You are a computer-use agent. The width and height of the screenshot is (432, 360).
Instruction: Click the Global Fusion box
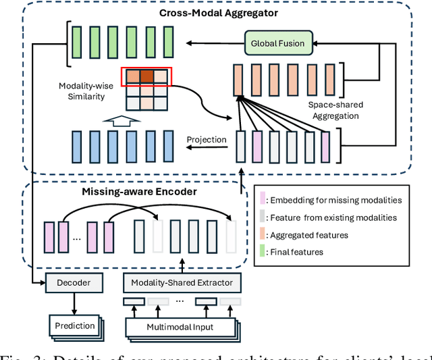click(277, 44)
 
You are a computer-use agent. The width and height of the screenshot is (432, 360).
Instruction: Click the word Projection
click(207, 139)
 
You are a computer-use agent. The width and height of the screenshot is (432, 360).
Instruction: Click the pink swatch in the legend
click(263, 199)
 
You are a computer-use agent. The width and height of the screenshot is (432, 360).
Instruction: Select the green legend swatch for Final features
click(263, 252)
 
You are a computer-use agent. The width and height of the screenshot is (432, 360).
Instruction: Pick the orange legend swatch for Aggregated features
click(263, 234)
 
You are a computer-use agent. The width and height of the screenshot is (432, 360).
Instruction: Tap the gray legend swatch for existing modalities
click(263, 217)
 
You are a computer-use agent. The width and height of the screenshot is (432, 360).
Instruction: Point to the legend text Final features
click(297, 252)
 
